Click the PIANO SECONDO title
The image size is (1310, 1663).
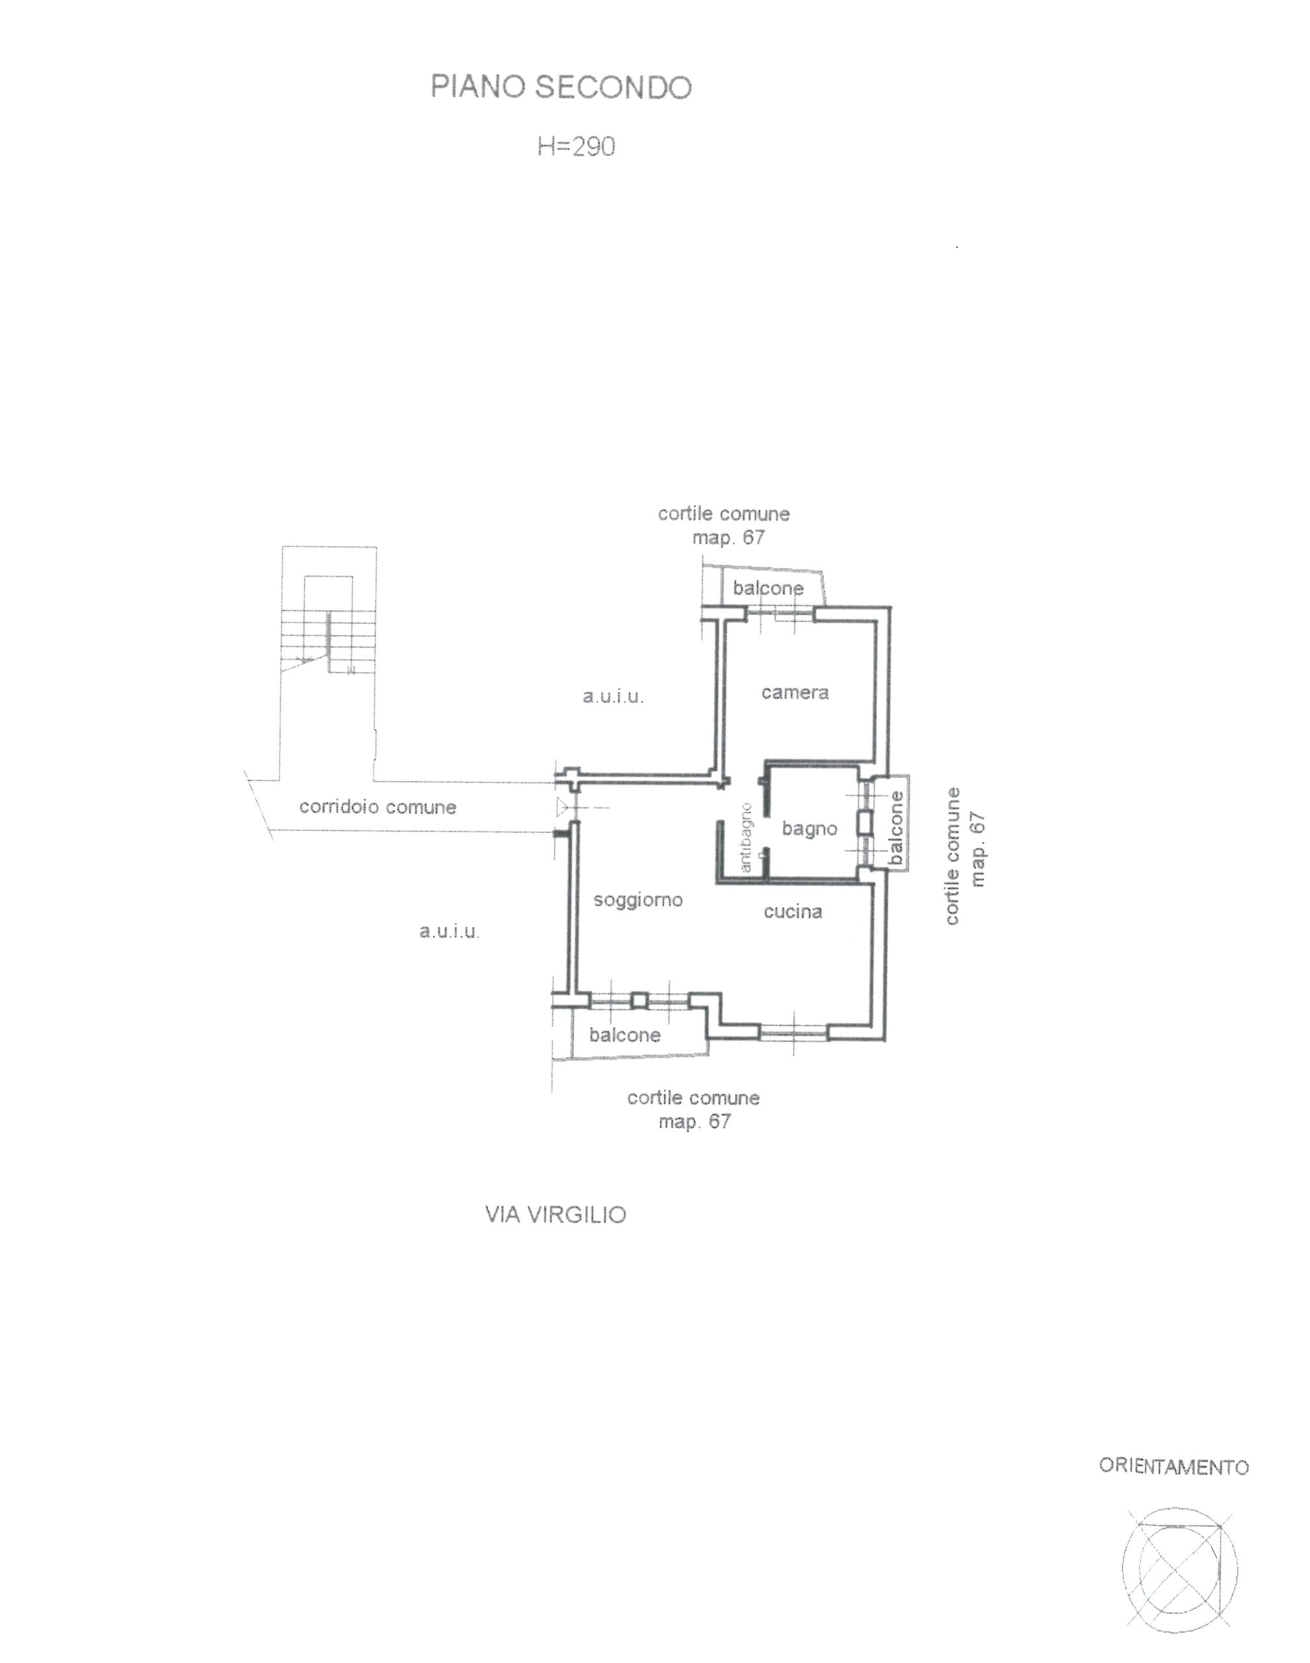tap(561, 88)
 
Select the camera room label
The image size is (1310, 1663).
tap(795, 692)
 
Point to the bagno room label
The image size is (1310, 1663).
tap(809, 829)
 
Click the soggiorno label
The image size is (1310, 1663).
tap(638, 900)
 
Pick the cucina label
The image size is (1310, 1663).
tap(793, 911)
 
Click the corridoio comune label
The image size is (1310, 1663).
tap(377, 807)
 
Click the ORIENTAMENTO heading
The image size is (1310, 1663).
tap(1174, 1467)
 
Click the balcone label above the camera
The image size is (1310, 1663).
tap(768, 588)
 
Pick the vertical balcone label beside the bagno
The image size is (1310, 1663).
tap(896, 828)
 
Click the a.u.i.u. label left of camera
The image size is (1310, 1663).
tap(613, 697)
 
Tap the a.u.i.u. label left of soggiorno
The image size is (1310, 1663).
tap(449, 932)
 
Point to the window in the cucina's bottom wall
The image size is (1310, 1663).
tap(794, 1033)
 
